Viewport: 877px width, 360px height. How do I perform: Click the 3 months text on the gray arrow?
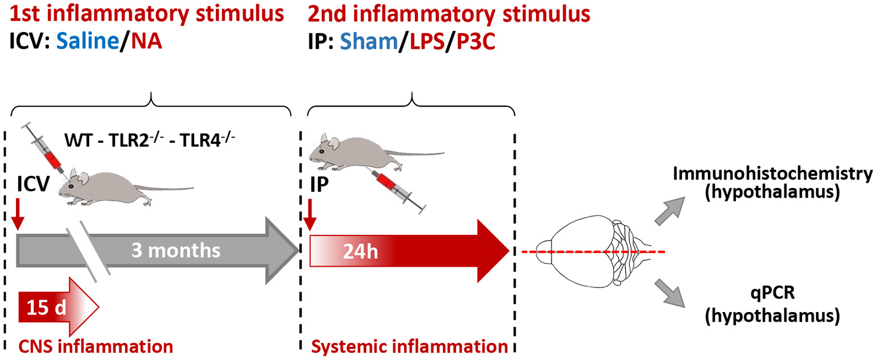click(x=175, y=251)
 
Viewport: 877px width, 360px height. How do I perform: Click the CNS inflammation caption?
click(x=95, y=346)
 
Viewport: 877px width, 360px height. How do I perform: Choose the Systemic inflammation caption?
click(x=409, y=346)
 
